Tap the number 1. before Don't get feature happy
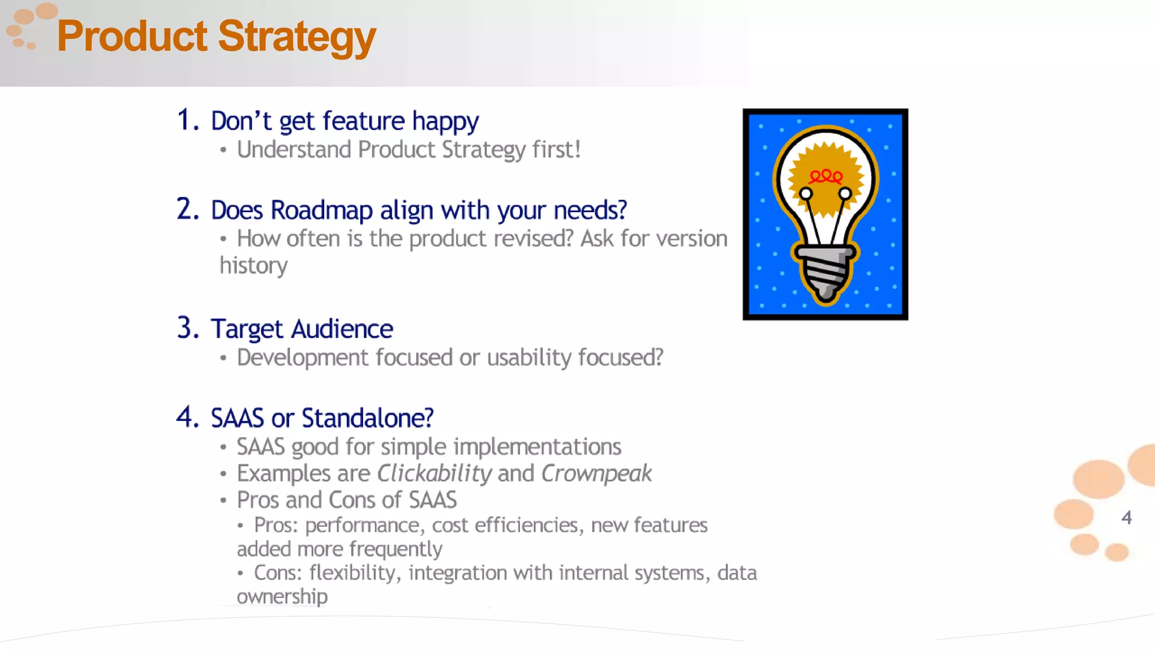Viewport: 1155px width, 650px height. click(188, 120)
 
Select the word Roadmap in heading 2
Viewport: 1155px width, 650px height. click(321, 210)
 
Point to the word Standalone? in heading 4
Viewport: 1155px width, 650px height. click(367, 418)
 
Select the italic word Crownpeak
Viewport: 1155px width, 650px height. click(596, 473)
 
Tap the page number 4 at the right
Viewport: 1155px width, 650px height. click(1126, 517)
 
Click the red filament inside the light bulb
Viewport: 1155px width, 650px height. click(826, 177)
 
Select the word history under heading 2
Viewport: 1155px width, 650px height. click(253, 266)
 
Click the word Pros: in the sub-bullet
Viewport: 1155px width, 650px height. click(276, 525)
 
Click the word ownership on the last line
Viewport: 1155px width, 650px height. click(282, 597)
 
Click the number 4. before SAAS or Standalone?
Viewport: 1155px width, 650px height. click(188, 418)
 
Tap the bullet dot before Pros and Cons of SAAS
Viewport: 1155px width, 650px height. click(223, 500)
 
